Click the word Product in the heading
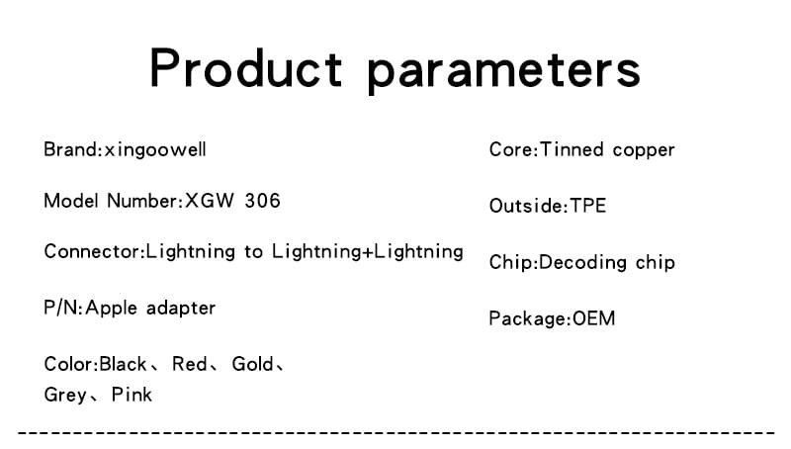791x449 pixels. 245,68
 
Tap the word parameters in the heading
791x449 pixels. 503,72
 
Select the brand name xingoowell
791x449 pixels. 155,150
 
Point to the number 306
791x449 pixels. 262,201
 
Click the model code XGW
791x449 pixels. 210,201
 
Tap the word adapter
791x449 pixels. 181,309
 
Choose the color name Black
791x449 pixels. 123,364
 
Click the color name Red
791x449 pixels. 190,364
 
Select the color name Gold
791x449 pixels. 252,364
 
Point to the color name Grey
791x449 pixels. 65,395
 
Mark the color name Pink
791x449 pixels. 132,395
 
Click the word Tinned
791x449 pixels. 571,150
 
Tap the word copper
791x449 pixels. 644,151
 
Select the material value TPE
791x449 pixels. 587,206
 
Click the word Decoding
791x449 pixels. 582,263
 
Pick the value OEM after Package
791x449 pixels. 594,318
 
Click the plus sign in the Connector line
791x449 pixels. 368,252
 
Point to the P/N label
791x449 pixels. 62,308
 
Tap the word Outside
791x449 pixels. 527,206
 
